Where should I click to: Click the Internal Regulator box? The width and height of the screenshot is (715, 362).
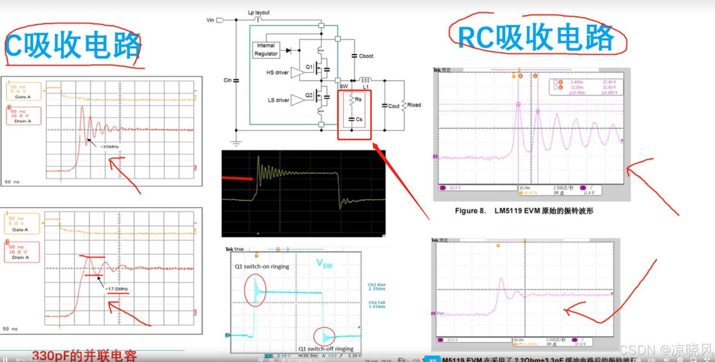click(x=266, y=50)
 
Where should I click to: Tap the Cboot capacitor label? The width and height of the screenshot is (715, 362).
click(x=366, y=56)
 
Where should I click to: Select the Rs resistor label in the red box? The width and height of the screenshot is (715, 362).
click(x=358, y=100)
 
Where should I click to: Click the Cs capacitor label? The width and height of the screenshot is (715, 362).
click(x=359, y=119)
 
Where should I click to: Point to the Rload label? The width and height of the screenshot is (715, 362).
click(x=414, y=105)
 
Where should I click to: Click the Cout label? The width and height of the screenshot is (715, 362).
click(x=393, y=106)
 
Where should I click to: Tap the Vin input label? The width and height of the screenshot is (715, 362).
click(x=210, y=20)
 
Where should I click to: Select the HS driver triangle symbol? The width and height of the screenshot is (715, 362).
click(x=297, y=72)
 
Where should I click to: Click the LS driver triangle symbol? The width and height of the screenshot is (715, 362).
click(x=297, y=100)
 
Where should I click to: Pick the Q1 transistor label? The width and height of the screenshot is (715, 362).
click(x=309, y=67)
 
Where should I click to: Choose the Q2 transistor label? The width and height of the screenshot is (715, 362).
click(x=309, y=95)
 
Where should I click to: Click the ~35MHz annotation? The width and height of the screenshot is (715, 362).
click(x=109, y=147)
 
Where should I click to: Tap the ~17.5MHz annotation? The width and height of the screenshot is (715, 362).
click(x=117, y=289)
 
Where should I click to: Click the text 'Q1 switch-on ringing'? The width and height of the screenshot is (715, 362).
click(x=262, y=267)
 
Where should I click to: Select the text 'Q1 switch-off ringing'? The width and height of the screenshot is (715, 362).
click(x=326, y=349)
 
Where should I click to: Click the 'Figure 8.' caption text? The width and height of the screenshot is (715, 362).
click(x=470, y=211)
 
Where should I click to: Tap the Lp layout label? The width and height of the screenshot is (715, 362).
click(x=258, y=12)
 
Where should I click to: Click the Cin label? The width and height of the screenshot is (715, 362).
click(x=227, y=80)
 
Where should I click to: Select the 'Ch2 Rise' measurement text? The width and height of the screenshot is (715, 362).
click(x=376, y=285)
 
